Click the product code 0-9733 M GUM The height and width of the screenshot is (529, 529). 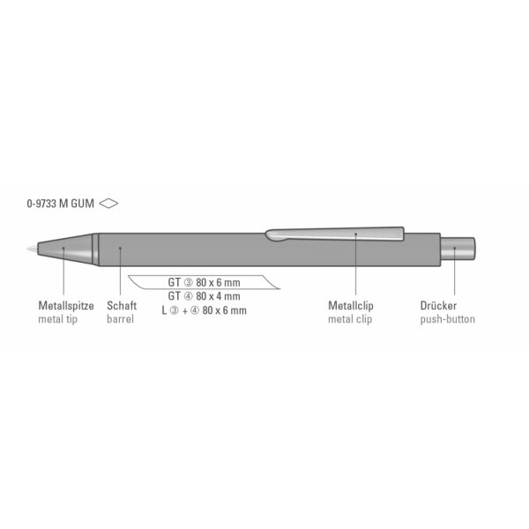click(x=60, y=204)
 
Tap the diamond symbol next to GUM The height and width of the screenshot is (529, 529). click(x=108, y=204)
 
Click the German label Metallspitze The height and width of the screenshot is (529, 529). click(x=66, y=306)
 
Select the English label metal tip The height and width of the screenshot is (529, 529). click(x=57, y=319)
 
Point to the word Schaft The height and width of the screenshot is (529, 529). click(x=122, y=306)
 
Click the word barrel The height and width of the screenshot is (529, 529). click(x=120, y=319)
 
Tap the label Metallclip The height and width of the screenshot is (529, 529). click(x=351, y=306)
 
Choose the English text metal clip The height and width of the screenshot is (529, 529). click(x=350, y=319)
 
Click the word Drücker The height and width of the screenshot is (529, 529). click(x=438, y=306)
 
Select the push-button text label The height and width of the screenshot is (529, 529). click(x=447, y=319)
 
